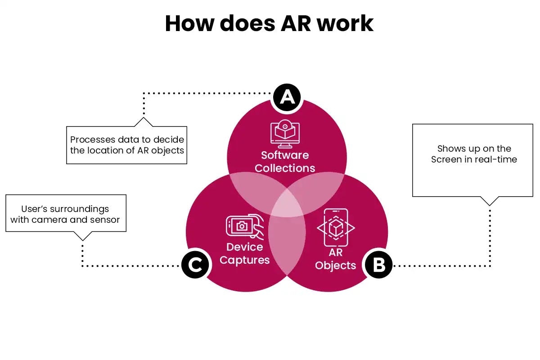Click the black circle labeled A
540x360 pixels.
coord(287,97)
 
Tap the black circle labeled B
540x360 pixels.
coord(379,265)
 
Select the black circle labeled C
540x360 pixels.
coord(195,265)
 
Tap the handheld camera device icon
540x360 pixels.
coord(244,226)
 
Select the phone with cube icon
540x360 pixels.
coord(336,228)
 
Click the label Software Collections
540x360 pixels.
coord(285,162)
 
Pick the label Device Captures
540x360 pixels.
coord(244,253)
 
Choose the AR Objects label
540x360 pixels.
coord(335,259)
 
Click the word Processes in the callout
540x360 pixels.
coord(92,140)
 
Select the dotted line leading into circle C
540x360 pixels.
coord(130,266)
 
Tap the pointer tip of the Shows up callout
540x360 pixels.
coord(490,205)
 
